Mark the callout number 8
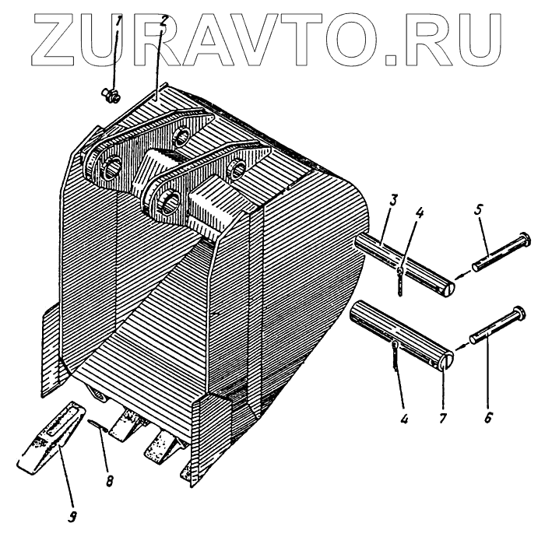pyautogui.click(x=110, y=480)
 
